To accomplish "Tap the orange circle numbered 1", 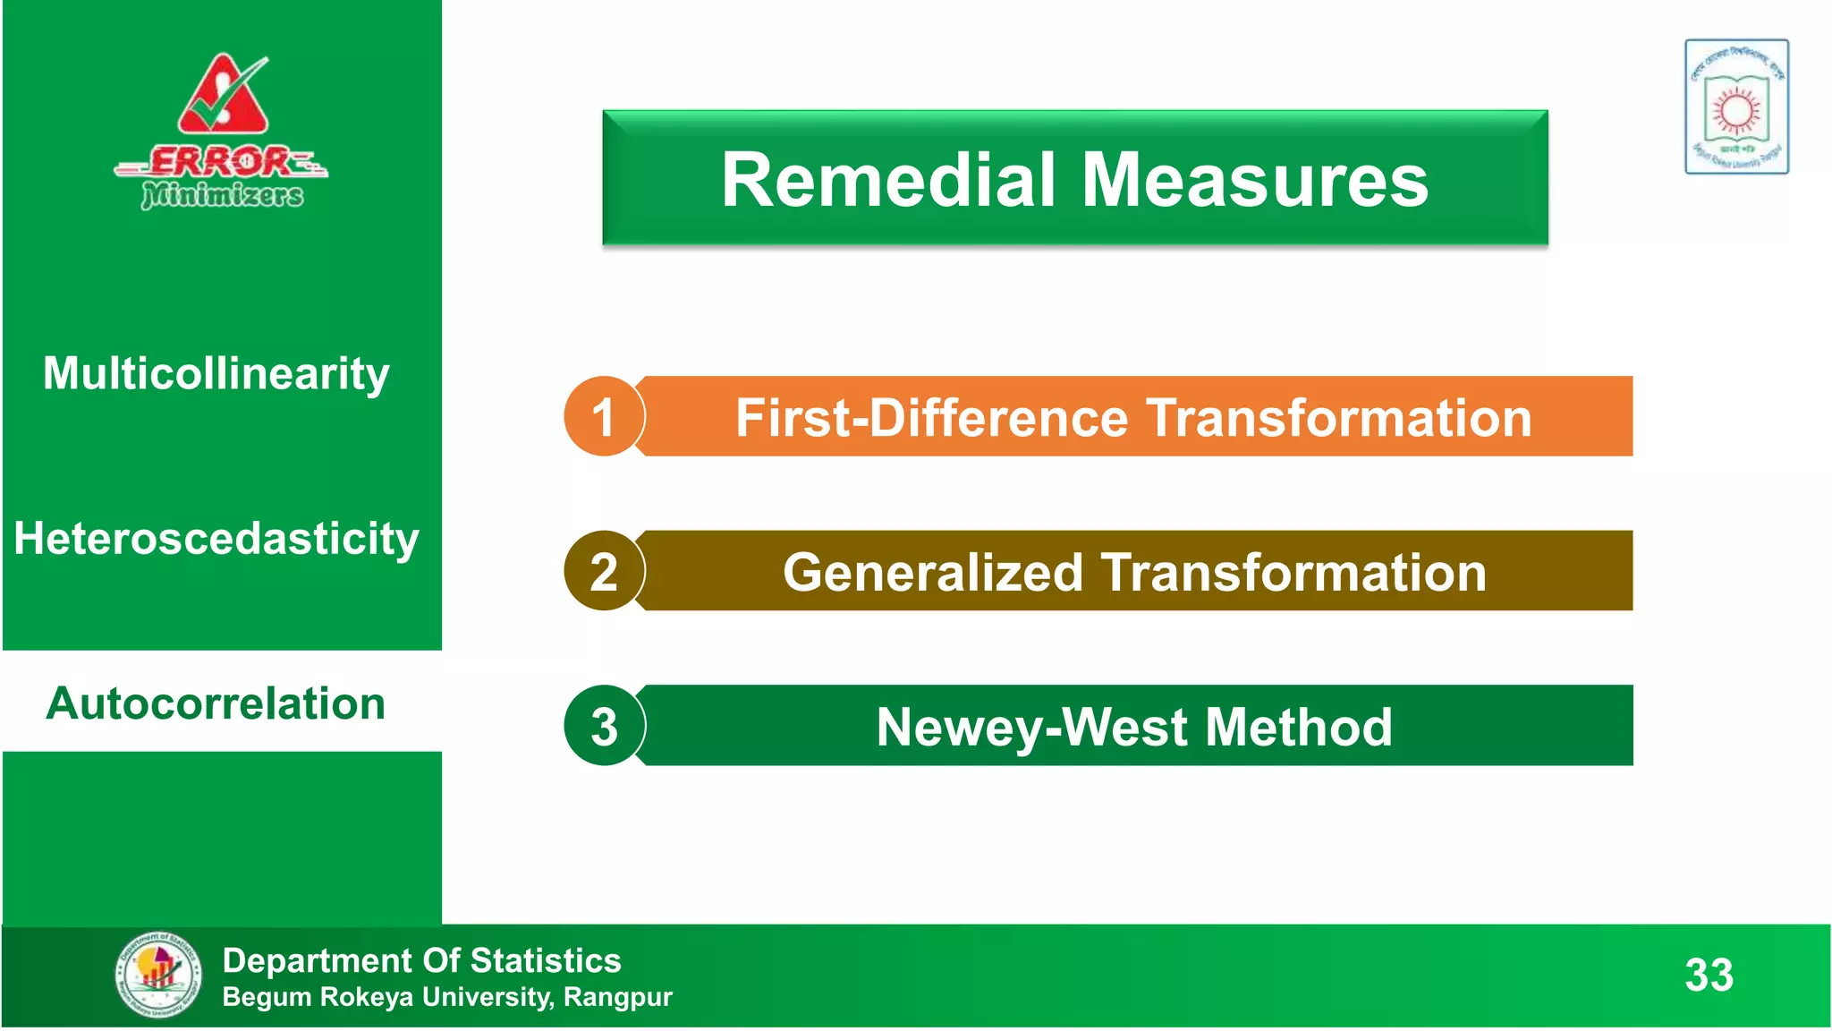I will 604,417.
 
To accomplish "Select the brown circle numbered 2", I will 604,571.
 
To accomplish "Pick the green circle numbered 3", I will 604,726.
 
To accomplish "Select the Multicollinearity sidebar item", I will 216,373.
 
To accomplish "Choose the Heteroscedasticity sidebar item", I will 216,539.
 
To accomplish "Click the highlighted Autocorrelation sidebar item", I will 216,703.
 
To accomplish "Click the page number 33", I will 1709,975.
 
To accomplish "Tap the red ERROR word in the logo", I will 220,162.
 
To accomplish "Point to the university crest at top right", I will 1736,107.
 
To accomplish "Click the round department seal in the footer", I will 158,975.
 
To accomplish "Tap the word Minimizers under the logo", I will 223,194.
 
